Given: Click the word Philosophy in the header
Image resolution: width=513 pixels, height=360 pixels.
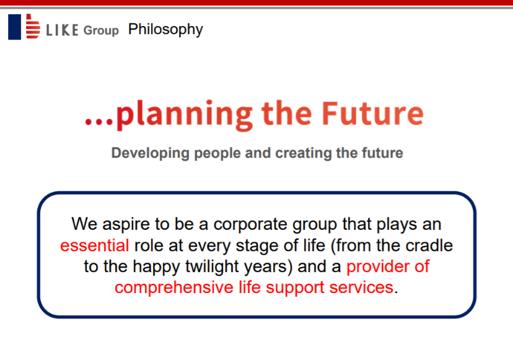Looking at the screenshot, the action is pyautogui.click(x=165, y=30).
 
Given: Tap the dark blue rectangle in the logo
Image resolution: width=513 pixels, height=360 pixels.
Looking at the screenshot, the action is pyautogui.click(x=14, y=27).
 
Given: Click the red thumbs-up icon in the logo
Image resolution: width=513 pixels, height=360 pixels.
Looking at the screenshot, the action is pyautogui.click(x=33, y=26).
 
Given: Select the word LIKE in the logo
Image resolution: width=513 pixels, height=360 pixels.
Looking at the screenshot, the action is pyautogui.click(x=62, y=30).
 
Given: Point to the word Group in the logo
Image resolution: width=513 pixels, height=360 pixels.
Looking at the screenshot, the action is pyautogui.click(x=101, y=30).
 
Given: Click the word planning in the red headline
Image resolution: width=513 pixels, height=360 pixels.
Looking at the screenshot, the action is pyautogui.click(x=184, y=115).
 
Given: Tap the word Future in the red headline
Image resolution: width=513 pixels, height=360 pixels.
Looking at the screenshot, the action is pyautogui.click(x=372, y=113).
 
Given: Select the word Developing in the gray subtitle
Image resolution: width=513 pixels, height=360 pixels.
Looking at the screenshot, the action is pyautogui.click(x=150, y=153).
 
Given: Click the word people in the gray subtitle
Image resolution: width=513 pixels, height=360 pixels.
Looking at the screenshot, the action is pyautogui.click(x=217, y=154).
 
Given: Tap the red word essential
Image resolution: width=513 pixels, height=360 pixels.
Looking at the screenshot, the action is pyautogui.click(x=95, y=245).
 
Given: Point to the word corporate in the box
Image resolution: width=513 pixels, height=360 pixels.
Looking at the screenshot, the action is pyautogui.click(x=250, y=225).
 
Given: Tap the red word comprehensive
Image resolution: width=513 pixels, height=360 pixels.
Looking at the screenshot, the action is pyautogui.click(x=174, y=288).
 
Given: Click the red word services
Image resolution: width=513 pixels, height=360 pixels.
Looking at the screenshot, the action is pyautogui.click(x=361, y=288).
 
